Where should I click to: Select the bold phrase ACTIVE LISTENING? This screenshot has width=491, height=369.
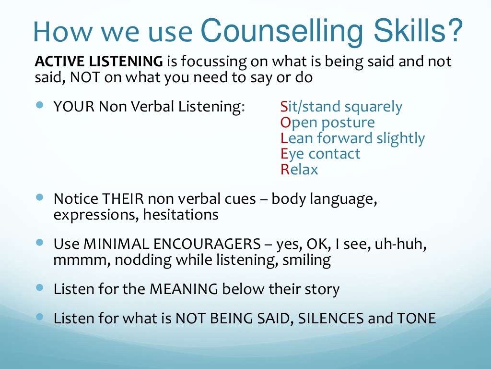[99, 61]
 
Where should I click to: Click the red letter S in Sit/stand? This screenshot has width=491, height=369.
[284, 107]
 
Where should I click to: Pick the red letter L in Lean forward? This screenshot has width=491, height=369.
[284, 138]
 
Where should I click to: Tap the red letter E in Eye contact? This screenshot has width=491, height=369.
[284, 154]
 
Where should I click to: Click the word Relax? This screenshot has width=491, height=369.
[299, 170]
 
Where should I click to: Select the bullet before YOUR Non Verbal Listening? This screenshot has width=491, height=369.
[40, 104]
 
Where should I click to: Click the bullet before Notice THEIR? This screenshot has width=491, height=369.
[40, 197]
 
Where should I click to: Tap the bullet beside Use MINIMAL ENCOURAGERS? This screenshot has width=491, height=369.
[40, 242]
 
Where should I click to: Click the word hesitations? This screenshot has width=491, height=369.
[181, 215]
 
